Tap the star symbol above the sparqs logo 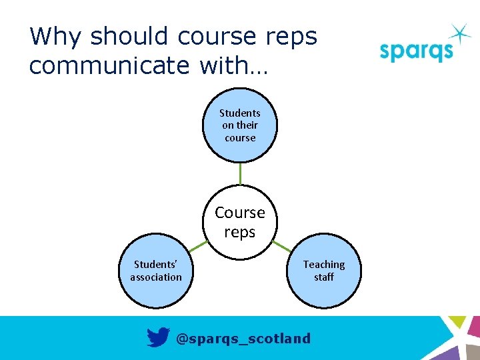point(459,33)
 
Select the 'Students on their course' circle point(240,126)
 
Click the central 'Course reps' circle point(240,223)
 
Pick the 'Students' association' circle point(156,271)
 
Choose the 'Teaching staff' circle point(324,271)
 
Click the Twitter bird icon point(158,338)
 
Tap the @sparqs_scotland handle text point(243,339)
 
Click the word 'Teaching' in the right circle point(324,265)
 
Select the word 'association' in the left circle point(156,277)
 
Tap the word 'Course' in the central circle point(240,213)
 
